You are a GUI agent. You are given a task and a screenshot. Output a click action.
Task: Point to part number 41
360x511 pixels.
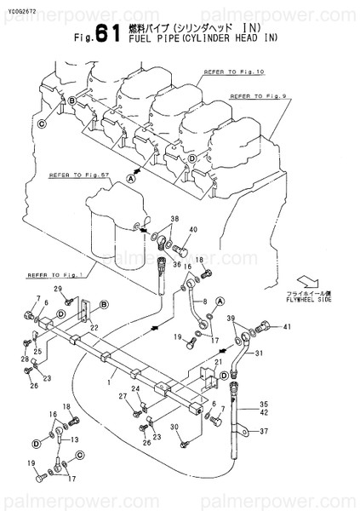click(x=287, y=327)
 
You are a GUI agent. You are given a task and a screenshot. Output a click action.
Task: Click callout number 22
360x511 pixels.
click(x=95, y=328)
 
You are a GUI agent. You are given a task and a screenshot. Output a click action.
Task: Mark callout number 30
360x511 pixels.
click(x=174, y=427)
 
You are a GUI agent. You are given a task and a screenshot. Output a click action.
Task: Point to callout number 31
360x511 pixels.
click(x=260, y=353)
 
